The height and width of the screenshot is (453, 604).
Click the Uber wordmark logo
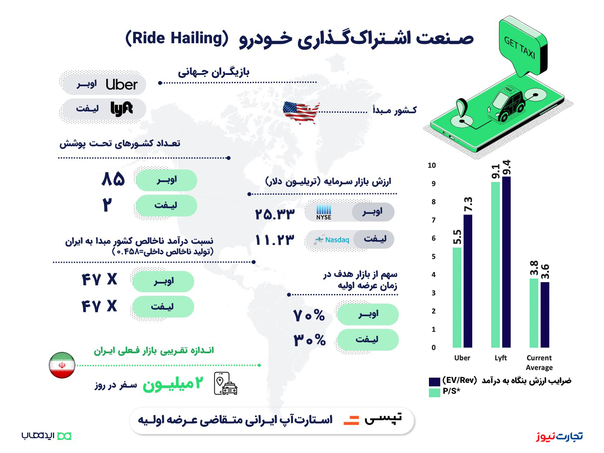pos(121,85)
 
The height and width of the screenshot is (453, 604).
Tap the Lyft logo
pos(121,109)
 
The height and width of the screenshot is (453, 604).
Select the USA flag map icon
pos(301,112)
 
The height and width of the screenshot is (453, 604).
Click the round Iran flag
pos(62,365)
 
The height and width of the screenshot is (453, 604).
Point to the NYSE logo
pos(324,212)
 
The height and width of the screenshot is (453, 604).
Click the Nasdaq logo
pos(331,240)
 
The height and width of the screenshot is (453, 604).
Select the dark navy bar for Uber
pos(468,281)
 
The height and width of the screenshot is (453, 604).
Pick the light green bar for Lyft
pos(495,265)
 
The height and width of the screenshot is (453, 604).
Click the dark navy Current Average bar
pos(545,315)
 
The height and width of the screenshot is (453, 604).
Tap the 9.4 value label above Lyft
pos(506,168)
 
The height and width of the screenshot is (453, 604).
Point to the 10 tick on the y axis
pos(432,166)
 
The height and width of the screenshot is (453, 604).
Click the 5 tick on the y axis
pos(433,257)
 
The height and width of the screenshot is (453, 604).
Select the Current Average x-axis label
pos(539,363)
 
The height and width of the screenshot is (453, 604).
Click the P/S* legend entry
pos(445,391)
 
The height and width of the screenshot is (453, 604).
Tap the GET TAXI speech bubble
pos(523,45)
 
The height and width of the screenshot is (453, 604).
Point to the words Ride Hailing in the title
pos(177,38)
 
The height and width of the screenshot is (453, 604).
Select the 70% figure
pos(309,315)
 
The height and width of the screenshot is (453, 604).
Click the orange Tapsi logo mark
pos(351,420)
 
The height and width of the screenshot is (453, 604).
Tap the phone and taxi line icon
pos(226,383)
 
